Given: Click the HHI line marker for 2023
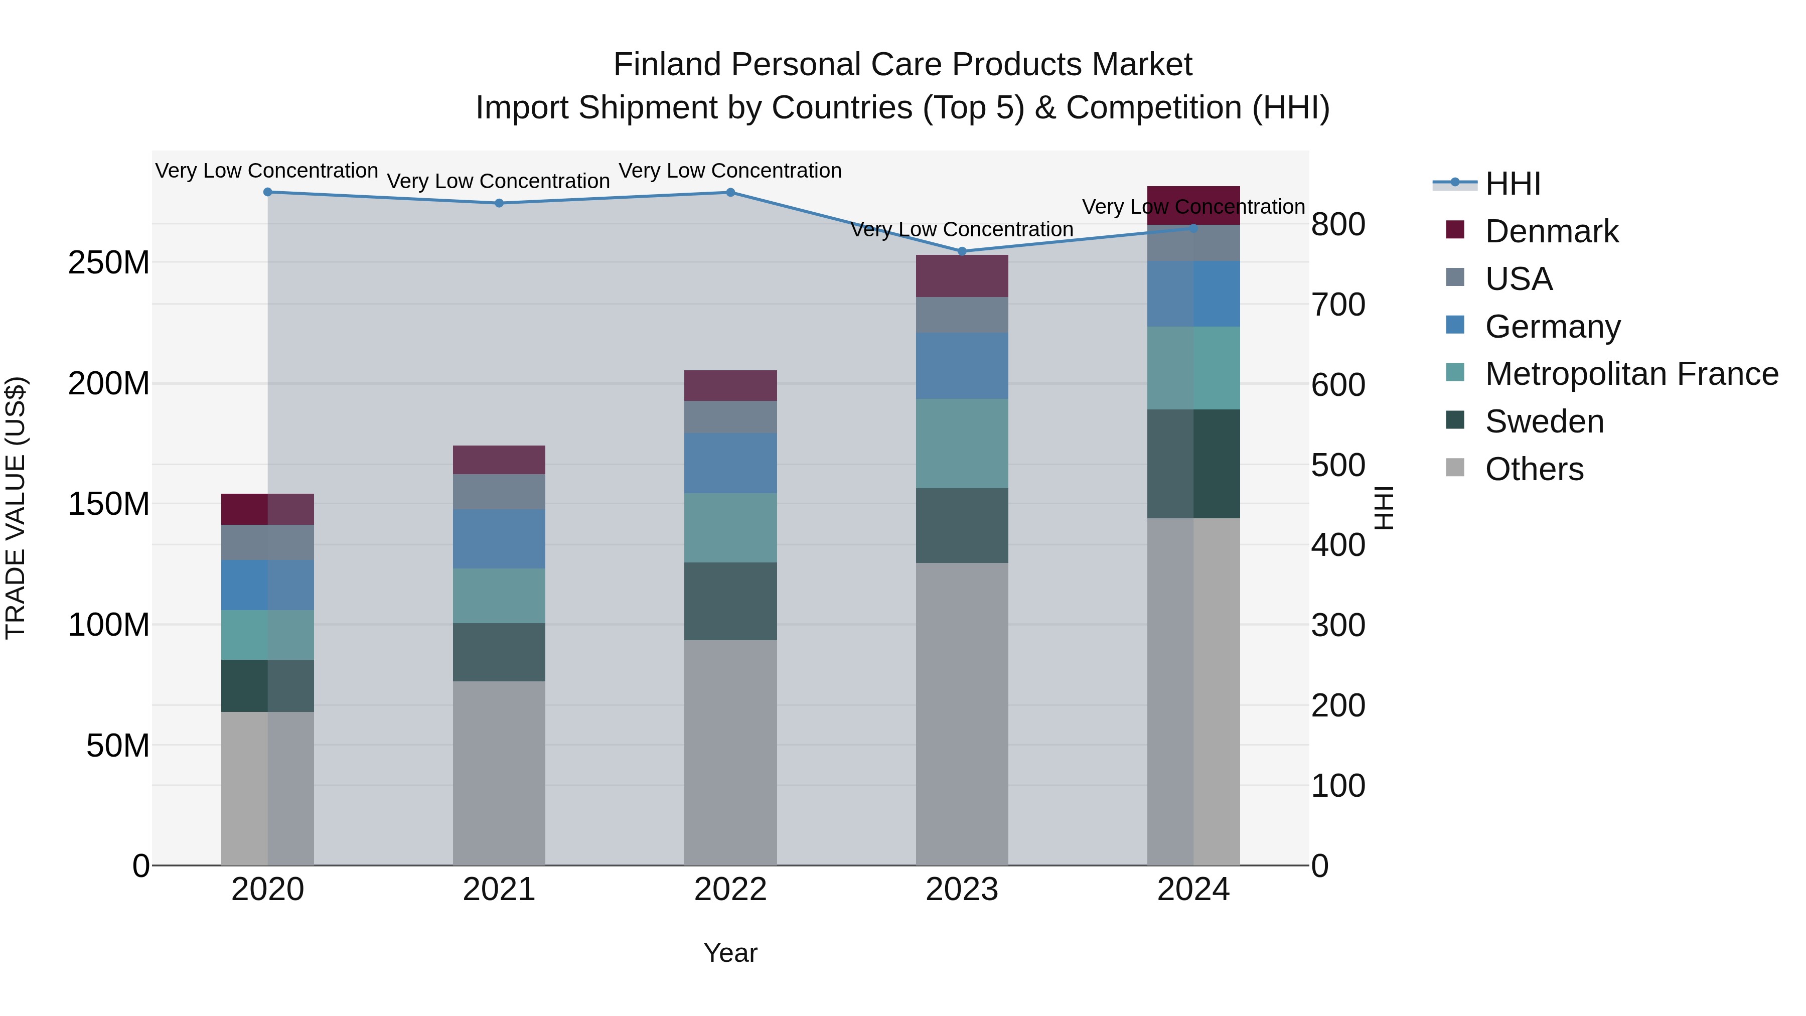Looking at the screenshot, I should point(962,251).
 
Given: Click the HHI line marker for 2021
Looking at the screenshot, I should point(499,203).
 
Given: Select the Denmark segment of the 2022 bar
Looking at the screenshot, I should point(730,386).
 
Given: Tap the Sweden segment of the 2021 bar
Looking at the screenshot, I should point(499,652).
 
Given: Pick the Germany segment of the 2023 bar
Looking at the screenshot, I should point(962,366).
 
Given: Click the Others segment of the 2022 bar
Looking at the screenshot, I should point(730,753).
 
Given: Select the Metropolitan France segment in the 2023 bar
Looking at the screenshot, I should point(962,443).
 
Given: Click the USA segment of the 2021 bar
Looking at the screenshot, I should point(499,492).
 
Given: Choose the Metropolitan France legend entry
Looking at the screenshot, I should point(1631,374).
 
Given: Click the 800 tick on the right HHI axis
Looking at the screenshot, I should point(1337,225).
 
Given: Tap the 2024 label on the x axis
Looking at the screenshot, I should point(1193,890).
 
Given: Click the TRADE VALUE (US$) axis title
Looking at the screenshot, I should point(16,508).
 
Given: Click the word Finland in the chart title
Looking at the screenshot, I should point(667,65).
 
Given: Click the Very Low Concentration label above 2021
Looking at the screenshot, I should point(499,181).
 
